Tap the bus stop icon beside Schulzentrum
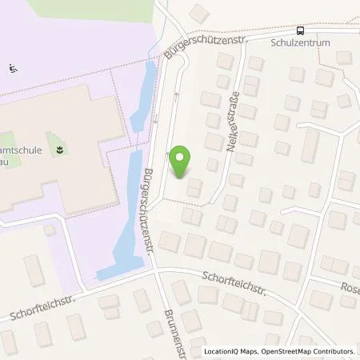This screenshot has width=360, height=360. point(300,31)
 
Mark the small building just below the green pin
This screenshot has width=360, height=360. point(194,189)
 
